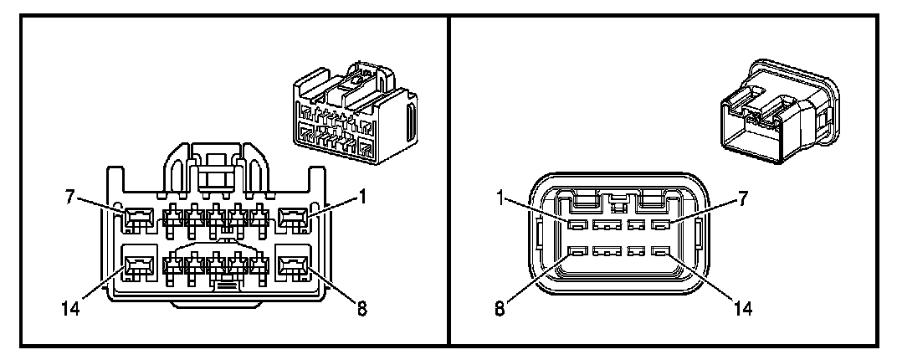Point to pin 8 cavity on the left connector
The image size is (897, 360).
[293, 268]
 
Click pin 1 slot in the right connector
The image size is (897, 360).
[575, 225]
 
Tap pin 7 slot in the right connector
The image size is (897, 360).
[660, 225]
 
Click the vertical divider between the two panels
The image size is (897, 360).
[449, 180]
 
